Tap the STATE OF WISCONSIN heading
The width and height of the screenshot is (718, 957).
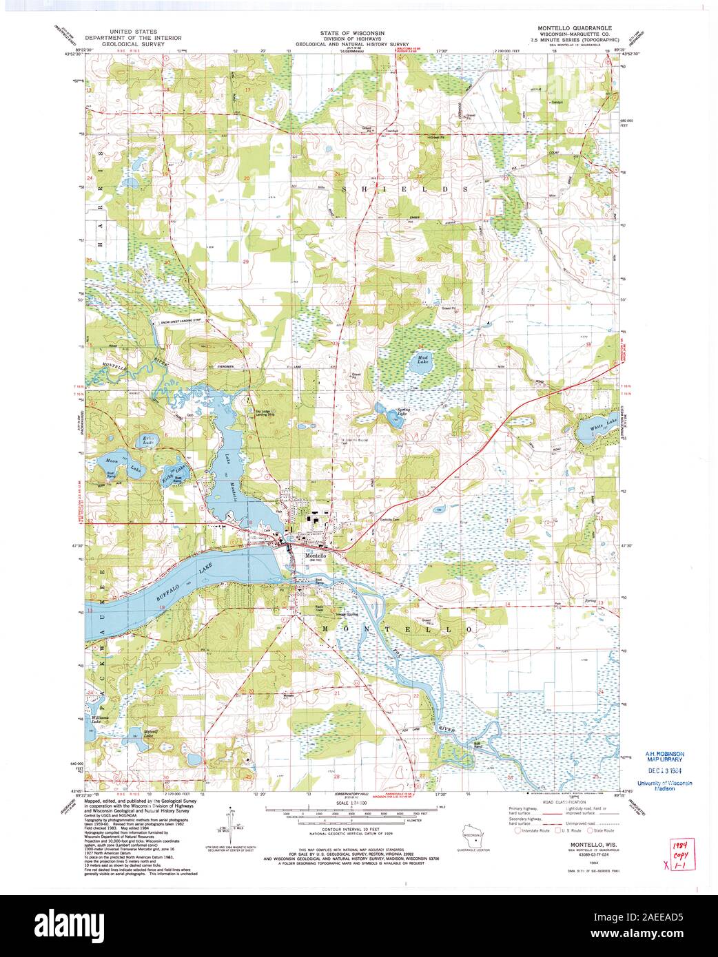click(352, 32)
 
